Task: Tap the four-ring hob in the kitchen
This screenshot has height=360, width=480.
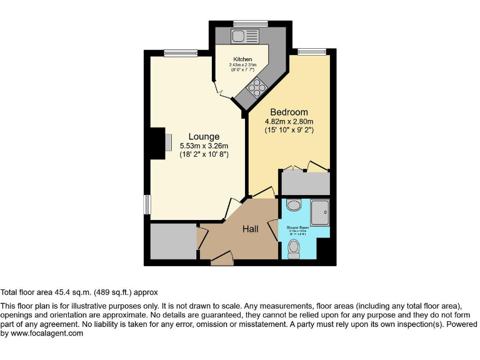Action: pos(256,88)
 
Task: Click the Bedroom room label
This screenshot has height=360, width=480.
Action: pos(289,112)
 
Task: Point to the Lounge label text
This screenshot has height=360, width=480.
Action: pos(204,136)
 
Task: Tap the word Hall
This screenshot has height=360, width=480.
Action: pos(251,229)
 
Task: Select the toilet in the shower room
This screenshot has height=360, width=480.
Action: pos(294,249)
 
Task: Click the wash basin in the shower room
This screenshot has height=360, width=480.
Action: pos(293,206)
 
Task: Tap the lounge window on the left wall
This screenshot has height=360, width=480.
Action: pos(147,204)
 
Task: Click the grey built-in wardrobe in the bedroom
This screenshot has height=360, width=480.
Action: pos(305,182)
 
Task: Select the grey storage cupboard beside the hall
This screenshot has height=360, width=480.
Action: pos(173,241)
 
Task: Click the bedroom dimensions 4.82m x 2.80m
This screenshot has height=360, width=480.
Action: pos(288,122)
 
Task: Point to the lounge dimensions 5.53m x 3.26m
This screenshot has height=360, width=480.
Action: pos(204,146)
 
